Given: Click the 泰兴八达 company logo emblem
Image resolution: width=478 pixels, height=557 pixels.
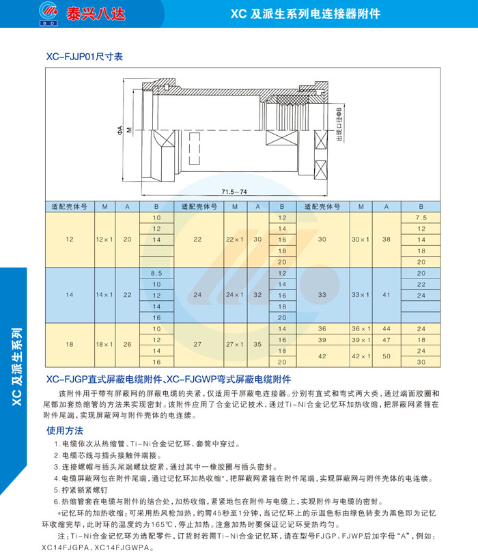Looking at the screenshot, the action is tap(48, 13).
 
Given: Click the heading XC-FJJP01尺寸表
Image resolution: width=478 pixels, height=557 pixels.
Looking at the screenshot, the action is tap(85, 57).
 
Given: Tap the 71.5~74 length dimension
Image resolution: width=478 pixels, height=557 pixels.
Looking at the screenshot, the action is tap(234, 192).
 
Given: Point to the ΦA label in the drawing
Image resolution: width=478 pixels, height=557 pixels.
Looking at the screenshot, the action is tap(120, 130).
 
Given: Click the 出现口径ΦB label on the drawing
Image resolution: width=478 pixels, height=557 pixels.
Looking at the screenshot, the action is tap(339, 124).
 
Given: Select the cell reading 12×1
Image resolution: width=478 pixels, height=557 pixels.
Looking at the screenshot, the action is tap(104, 240).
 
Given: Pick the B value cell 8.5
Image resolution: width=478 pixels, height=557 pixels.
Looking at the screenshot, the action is tap(156, 273).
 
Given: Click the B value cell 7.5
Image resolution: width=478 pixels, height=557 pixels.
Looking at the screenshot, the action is tap(421, 217).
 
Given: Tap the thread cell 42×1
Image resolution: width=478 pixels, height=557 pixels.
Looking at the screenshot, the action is tap(361, 356).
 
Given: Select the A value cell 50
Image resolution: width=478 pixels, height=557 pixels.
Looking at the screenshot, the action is tap(386, 356).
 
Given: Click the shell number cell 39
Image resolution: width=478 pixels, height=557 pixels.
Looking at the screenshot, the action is tap(322, 340).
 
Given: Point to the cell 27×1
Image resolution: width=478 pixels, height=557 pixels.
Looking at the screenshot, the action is tap(234, 344).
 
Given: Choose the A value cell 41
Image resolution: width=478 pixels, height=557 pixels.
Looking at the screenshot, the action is tap(386, 295).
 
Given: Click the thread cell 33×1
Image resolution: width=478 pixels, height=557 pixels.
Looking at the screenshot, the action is tap(361, 295).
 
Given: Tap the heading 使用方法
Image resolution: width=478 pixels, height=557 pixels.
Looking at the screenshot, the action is tap(65, 431).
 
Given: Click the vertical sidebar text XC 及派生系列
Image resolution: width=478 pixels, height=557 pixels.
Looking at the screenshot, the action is tap(17, 367).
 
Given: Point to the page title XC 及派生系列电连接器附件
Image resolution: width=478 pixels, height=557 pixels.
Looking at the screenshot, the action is tap(306, 14).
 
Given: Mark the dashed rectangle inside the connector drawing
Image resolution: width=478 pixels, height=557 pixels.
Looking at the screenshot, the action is tap(195, 149).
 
